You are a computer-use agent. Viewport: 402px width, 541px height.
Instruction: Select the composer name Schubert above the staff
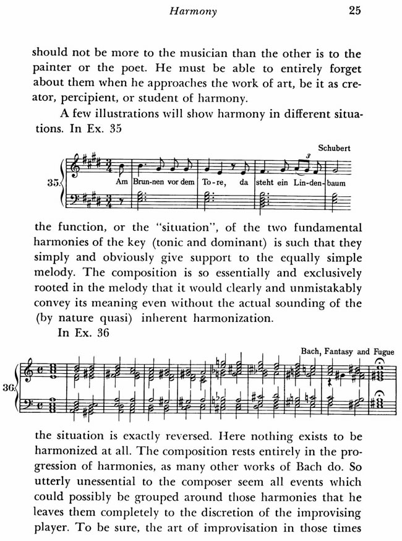(x=335, y=149)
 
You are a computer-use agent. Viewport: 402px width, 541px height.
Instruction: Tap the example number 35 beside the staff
(x=54, y=183)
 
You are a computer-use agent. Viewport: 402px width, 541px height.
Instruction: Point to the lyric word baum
(x=336, y=183)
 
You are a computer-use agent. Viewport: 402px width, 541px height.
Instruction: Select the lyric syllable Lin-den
(x=301, y=183)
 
